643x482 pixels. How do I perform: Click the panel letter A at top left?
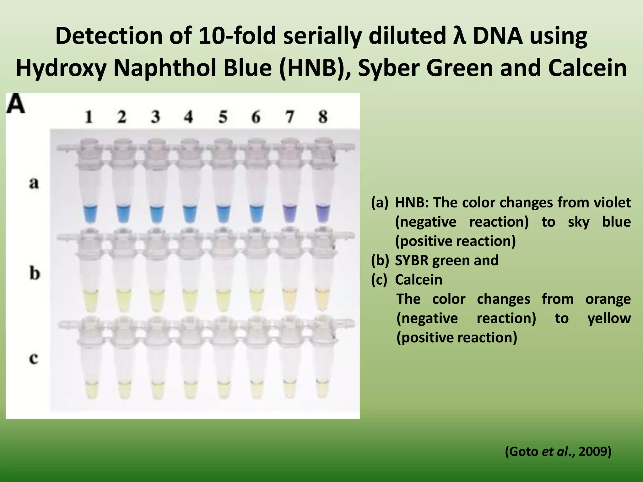pyautogui.click(x=16, y=104)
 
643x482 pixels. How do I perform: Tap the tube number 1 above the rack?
pyautogui.click(x=89, y=117)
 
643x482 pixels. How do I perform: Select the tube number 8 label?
pyautogui.click(x=323, y=117)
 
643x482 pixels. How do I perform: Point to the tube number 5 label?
pyautogui.click(x=223, y=117)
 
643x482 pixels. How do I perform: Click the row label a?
pyautogui.click(x=34, y=183)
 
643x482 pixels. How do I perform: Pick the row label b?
pyautogui.click(x=35, y=273)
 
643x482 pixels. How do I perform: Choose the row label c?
pyautogui.click(x=34, y=358)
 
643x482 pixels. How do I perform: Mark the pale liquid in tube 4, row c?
pyautogui.click(x=189, y=390)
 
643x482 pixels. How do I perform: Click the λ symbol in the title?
pyautogui.click(x=459, y=36)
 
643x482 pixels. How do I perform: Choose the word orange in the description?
pyautogui.click(x=608, y=299)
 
